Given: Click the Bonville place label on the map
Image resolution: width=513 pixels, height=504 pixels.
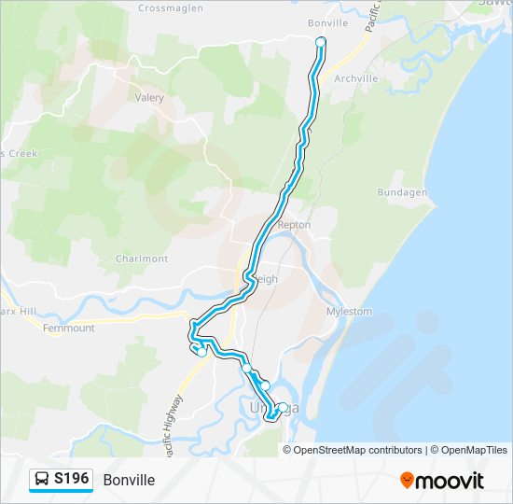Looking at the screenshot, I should point(327,22).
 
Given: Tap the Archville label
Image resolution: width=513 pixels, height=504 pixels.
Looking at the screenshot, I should point(355,79).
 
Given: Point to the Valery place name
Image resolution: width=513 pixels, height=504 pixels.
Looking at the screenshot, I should point(149,97).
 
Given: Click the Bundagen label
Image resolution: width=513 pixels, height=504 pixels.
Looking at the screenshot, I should point(402,192).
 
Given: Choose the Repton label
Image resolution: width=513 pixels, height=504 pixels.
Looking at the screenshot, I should point(295,225).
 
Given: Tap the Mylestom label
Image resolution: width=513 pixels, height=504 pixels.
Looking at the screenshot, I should point(350,311).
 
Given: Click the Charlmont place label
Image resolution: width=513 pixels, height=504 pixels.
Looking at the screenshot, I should point(142,259).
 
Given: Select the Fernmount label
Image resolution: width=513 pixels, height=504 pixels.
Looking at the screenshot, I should point(69,329).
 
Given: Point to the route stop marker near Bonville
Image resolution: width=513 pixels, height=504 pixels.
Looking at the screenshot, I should point(321,42).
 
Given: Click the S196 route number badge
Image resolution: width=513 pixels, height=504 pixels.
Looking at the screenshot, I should point(71,479).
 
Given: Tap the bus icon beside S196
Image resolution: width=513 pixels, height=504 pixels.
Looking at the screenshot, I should point(43,480).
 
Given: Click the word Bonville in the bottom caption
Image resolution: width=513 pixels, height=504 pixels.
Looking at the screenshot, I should point(129,480).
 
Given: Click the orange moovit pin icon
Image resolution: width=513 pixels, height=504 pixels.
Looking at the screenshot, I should point(407,481).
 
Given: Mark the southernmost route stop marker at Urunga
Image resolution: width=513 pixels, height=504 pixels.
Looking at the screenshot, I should point(283,407).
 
